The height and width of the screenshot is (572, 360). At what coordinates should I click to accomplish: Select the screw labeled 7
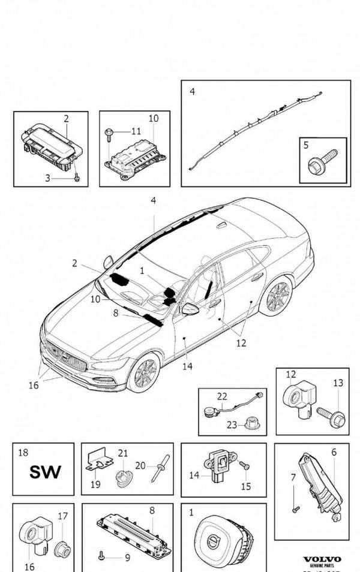(x=295, y=509)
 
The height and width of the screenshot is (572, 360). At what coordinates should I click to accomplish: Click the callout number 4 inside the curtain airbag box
(x=192, y=92)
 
